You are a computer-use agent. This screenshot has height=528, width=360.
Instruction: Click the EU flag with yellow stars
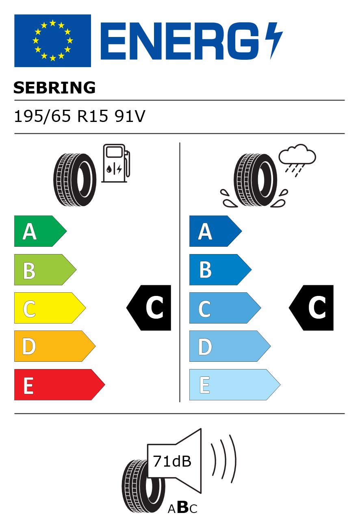pos(52,41)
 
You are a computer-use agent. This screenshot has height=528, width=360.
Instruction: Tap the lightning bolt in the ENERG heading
pos(274,41)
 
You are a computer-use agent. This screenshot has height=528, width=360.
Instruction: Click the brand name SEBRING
pos(54,88)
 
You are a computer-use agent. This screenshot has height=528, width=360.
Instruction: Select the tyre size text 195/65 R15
pos(61,116)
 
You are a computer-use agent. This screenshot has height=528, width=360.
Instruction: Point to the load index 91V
pos(130,116)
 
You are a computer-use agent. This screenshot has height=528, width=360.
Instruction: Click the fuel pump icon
pos(116,163)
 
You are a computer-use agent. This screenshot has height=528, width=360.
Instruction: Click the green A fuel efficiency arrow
pos(40,231)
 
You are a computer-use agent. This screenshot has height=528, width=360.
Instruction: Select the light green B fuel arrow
pos(45,269)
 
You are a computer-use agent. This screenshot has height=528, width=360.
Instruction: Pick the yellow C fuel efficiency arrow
pos(50,308)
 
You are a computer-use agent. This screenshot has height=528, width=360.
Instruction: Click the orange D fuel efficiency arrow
pos(55,346)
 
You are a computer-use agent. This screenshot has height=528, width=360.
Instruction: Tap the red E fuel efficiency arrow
pos(60,385)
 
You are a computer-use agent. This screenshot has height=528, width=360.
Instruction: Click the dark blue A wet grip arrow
pos(216,231)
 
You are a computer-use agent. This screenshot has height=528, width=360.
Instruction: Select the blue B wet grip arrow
pos(220,269)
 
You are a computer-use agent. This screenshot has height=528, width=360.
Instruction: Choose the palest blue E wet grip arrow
pos(235,385)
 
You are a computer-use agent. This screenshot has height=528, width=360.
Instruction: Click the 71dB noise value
pos(172,461)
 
